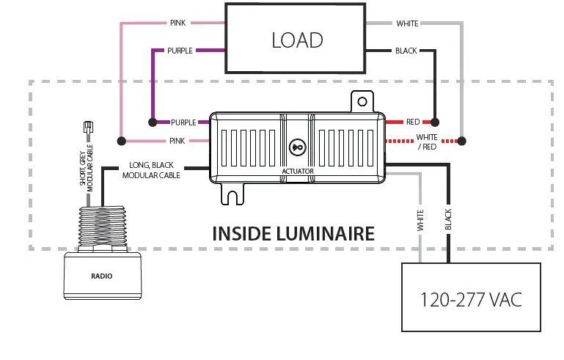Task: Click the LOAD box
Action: point(295,38)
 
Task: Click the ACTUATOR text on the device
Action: point(298,171)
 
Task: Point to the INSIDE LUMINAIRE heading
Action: point(293,234)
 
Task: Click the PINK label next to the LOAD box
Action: point(177,23)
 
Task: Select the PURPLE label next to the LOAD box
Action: point(180,51)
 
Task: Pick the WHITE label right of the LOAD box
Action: point(407,23)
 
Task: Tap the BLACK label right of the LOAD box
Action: point(406,51)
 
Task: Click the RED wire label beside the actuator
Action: point(413,122)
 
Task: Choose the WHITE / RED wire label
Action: point(427,142)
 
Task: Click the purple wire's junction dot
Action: point(153,122)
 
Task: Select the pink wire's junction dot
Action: point(121,140)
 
